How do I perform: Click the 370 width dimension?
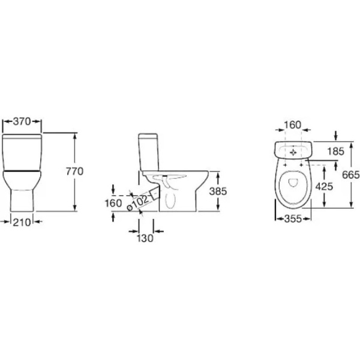point(22,121)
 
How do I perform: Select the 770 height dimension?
point(74,172)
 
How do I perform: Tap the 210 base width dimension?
point(22,222)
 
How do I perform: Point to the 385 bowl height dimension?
point(218,191)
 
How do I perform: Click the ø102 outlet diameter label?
point(139,203)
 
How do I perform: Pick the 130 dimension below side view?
point(145,238)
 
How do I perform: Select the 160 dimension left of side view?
point(113,203)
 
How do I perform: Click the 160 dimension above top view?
point(293,125)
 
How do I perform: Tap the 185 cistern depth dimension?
point(335,152)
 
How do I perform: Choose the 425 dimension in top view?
point(324,187)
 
